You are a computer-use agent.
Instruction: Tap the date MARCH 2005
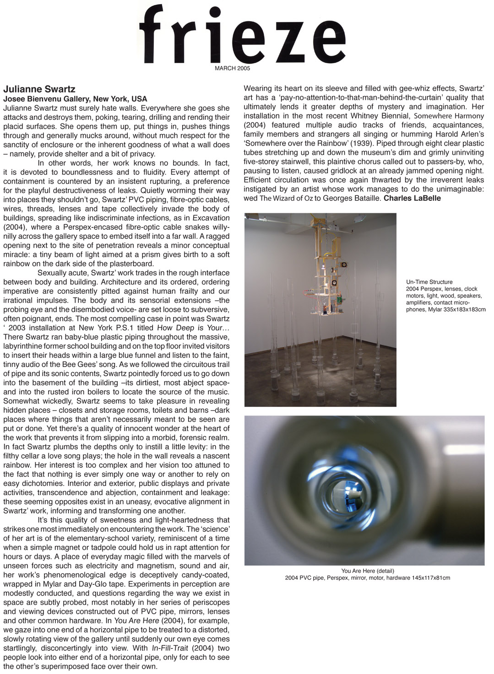point(233,69)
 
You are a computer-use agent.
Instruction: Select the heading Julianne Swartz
point(39,89)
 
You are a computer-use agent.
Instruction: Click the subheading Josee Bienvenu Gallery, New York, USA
point(75,99)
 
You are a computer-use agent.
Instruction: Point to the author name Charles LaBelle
point(412,198)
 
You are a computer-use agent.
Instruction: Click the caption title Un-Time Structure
point(429,282)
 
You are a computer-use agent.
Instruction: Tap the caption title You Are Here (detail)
point(367,571)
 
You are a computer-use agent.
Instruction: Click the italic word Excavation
point(211,218)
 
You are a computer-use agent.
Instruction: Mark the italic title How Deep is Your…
point(193,328)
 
